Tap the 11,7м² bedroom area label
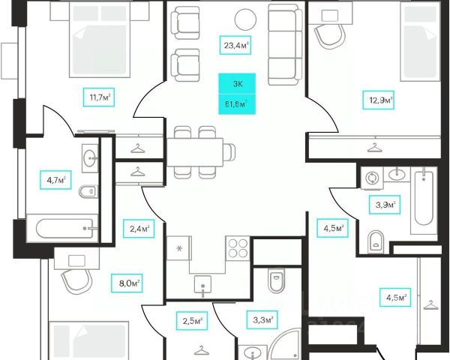pyautogui.click(x=100, y=97)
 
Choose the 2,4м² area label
pyautogui.click(x=138, y=228)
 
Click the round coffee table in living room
pyautogui.click(x=244, y=17)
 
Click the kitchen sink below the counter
pyautogui.click(x=200, y=283)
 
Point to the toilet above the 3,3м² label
pyautogui.click(x=274, y=280)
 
